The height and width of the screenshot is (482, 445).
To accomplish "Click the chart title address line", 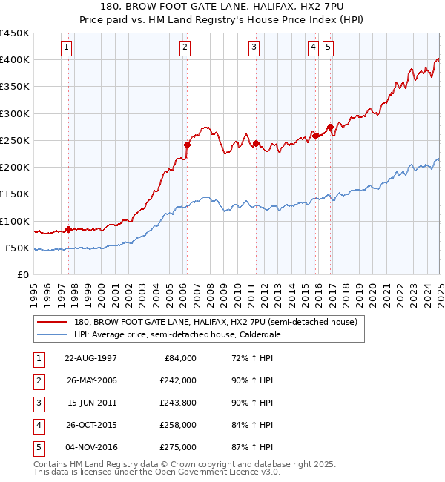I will (x=222, y=7).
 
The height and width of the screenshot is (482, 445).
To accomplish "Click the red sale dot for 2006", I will (x=187, y=145).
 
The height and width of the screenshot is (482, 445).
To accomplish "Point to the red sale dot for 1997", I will (x=69, y=229).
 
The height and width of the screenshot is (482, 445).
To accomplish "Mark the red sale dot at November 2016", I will (x=330, y=128).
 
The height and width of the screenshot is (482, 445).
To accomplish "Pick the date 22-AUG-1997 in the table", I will (x=90, y=357).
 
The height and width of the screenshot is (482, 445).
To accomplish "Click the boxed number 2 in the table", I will (x=36, y=380).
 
